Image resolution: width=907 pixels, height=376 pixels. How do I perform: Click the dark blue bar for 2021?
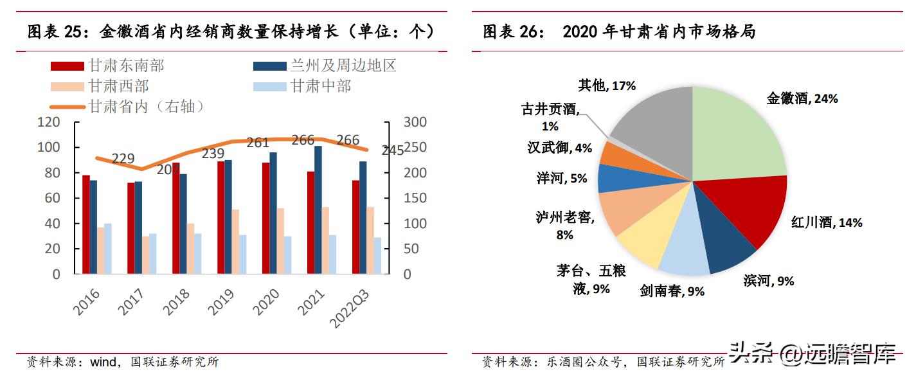(318, 210)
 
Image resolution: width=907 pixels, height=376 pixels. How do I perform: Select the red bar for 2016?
(85, 224)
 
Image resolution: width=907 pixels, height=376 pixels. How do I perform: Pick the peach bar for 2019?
(235, 242)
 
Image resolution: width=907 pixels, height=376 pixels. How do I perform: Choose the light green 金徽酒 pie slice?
(739, 135)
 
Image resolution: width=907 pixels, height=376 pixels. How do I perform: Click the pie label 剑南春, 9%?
(672, 291)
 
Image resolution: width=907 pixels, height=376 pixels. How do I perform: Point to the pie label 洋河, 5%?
(562, 178)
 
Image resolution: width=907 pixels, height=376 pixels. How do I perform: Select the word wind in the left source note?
(104, 362)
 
